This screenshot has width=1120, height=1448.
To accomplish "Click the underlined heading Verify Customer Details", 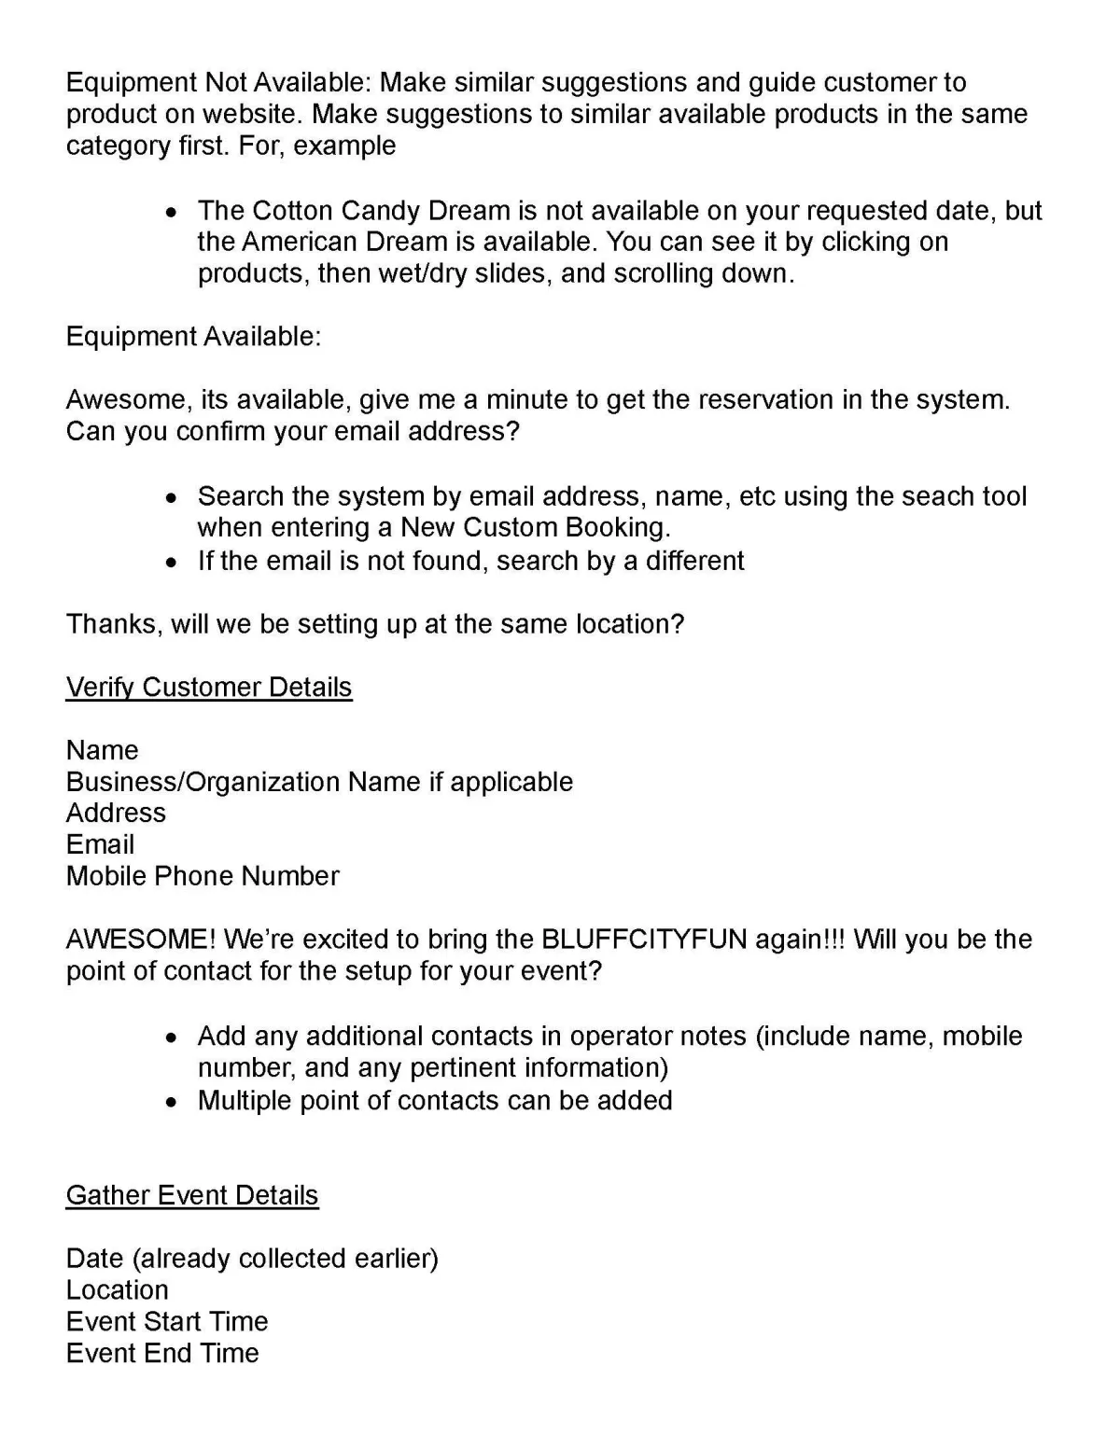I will [x=209, y=688].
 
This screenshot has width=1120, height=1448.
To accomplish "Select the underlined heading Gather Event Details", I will [x=192, y=1195].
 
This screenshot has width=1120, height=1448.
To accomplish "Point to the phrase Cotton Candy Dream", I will [x=382, y=210].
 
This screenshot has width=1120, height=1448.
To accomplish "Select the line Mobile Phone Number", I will [x=203, y=876].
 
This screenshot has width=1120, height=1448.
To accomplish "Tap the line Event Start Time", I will [x=167, y=1321].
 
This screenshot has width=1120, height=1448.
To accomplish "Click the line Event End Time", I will [x=162, y=1353].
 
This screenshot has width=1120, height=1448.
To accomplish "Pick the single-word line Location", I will [x=118, y=1289].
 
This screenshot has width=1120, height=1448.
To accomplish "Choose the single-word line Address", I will [x=116, y=813].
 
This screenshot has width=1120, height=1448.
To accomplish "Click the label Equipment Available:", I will [x=193, y=337].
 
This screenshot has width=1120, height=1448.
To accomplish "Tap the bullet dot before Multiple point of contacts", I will [x=170, y=1102].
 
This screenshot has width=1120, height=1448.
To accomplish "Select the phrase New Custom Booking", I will [x=535, y=528].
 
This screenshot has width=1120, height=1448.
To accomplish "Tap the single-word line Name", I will [x=102, y=750].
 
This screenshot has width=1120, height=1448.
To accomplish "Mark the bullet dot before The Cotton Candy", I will [x=170, y=212].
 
